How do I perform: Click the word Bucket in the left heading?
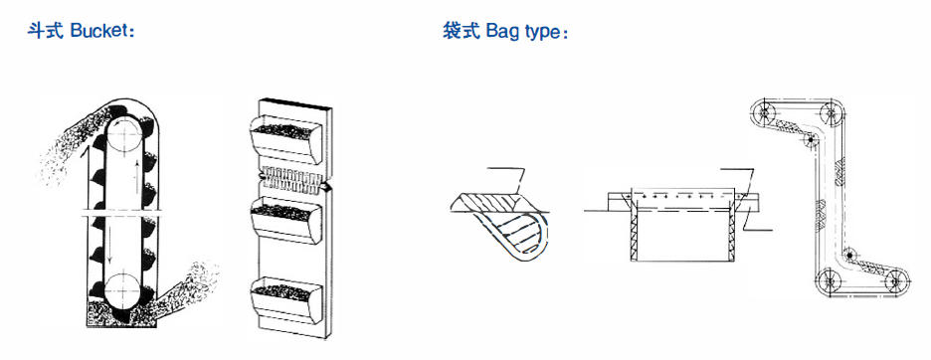99,30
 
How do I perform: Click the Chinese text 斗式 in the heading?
45,30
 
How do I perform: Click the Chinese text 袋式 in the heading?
461,31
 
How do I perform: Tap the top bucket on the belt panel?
285,139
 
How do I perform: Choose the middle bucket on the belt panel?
285,221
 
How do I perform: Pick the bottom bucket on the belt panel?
285,299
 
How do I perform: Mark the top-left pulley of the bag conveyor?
765,111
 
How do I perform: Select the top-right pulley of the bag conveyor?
831,111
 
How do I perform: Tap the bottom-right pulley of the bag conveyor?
896,279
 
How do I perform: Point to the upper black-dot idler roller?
810,139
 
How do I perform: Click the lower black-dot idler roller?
850,255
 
